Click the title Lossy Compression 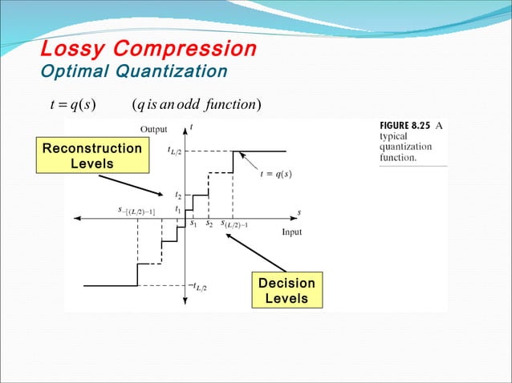(148, 49)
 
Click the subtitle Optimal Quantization (133, 72)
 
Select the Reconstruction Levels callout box (91, 156)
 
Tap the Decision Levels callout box (286, 290)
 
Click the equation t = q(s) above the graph (71, 106)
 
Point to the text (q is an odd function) (196, 106)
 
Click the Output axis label (153, 129)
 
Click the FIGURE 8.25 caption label (404, 126)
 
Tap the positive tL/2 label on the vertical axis (173, 150)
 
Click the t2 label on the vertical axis (178, 195)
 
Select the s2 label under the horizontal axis (209, 224)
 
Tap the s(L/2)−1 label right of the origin (234, 225)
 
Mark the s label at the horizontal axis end (299, 212)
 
